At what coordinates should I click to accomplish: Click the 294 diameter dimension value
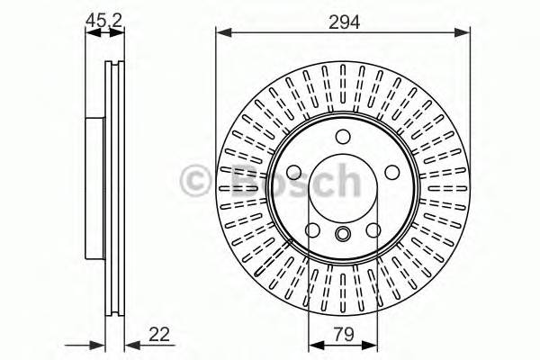342,22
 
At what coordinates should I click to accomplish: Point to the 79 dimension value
342,335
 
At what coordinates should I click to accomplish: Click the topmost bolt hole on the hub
342,137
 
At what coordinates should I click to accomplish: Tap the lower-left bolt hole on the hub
311,231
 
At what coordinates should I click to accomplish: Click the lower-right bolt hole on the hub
373,231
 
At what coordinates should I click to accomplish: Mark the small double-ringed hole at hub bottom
342,234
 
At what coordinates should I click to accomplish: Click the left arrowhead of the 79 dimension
314,346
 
